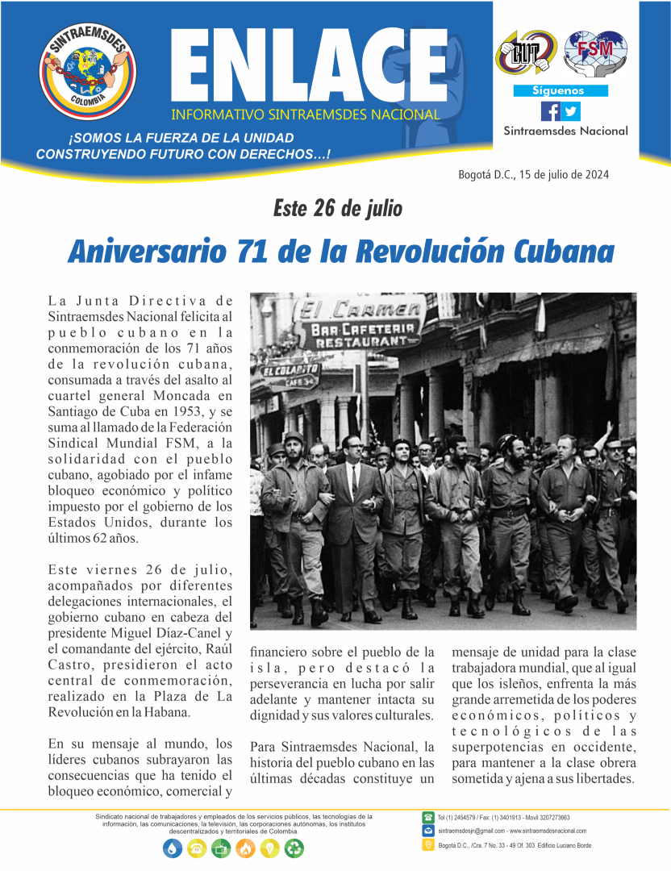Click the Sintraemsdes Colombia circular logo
pyautogui.click(x=88, y=70)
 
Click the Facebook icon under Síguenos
pyautogui.click(x=550, y=111)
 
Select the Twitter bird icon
pyautogui.click(x=570, y=111)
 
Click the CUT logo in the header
pyautogui.click(x=525, y=51)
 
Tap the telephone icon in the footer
pyautogui.click(x=428, y=818)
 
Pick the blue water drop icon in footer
pyautogui.click(x=173, y=848)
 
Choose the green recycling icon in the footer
pyautogui.click(x=294, y=848)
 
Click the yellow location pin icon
pyautogui.click(x=428, y=844)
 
